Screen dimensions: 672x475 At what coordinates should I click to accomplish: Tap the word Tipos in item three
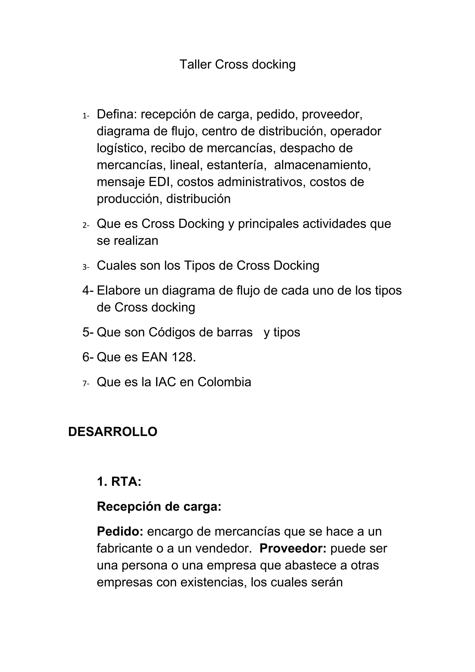[x=199, y=266]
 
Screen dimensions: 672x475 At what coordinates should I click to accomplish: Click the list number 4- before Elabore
[x=88, y=290]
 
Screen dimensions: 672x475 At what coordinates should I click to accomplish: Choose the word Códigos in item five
[x=175, y=332]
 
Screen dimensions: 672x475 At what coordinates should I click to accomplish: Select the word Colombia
[x=224, y=382]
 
